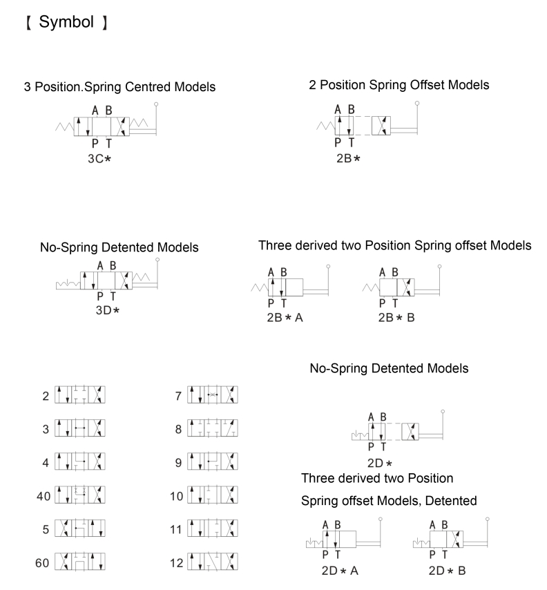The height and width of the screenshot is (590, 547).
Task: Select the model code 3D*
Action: tap(107, 310)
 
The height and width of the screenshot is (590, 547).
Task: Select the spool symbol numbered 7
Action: tap(214, 396)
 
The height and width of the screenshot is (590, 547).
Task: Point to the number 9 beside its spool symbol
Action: tap(179, 462)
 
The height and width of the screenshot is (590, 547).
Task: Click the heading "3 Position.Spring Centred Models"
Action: tap(119, 87)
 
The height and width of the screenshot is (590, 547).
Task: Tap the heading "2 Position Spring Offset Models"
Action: tap(399, 85)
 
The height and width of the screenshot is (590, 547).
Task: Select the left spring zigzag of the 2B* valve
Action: tap(323, 126)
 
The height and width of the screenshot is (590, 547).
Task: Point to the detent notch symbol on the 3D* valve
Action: tap(68, 283)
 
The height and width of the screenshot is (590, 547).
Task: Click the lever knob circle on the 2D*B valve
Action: tap(488, 517)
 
